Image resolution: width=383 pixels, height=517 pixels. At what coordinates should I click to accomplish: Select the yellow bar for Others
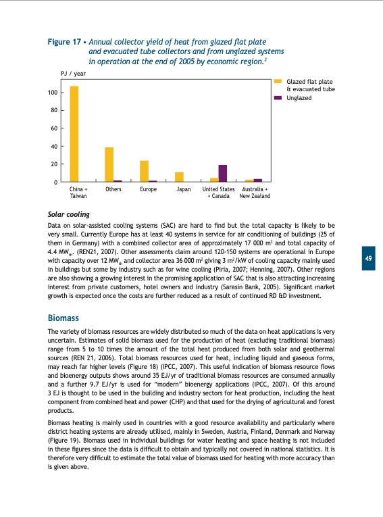(109, 165)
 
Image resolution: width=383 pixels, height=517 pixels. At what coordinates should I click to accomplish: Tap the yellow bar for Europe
(144, 171)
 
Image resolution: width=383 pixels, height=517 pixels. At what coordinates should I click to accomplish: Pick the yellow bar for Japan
(179, 177)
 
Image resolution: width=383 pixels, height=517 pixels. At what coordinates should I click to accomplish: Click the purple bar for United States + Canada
(223, 174)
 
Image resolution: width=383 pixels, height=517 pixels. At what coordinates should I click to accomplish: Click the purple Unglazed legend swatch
(278, 98)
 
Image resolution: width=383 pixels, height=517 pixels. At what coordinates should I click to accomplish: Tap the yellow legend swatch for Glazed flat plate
(278, 81)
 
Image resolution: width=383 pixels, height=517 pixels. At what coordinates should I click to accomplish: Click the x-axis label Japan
(183, 190)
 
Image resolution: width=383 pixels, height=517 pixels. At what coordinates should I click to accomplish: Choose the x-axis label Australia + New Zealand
(255, 193)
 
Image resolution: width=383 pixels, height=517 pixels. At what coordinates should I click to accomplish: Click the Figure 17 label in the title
(64, 42)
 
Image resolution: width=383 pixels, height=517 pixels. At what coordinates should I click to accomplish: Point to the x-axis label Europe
(148, 190)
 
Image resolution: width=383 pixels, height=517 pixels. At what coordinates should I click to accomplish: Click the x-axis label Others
(113, 190)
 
